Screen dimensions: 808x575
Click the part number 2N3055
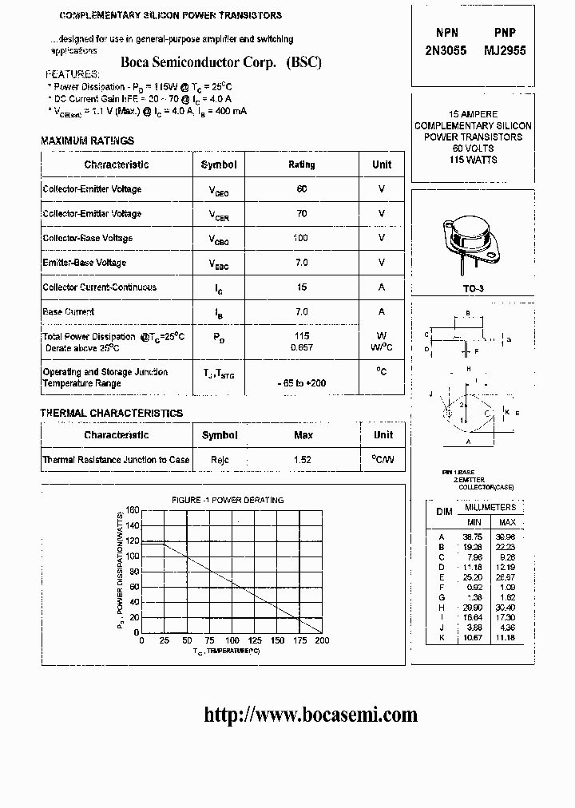[x=446, y=50]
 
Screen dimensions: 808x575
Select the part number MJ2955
[x=501, y=50]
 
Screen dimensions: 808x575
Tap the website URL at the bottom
[x=311, y=715]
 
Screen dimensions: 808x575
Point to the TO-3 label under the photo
[x=473, y=288]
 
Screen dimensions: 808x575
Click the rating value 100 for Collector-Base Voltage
[x=301, y=238]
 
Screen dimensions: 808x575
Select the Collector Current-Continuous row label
[x=99, y=287]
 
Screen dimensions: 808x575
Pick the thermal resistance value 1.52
[x=303, y=460]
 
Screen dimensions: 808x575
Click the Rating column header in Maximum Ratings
[x=301, y=164]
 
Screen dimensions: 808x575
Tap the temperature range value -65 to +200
[x=302, y=383]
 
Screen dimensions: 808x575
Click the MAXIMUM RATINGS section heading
[x=87, y=141]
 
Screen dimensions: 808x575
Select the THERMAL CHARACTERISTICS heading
[x=112, y=413]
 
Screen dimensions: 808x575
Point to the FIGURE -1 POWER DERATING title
[x=228, y=500]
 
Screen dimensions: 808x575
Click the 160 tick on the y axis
[x=132, y=510]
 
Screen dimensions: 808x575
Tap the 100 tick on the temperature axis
[x=232, y=640]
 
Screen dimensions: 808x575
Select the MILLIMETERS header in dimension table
[x=490, y=507]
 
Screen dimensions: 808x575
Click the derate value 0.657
[x=301, y=347]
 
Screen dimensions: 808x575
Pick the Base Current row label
[x=68, y=311]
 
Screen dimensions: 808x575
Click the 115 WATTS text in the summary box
[x=473, y=160]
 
